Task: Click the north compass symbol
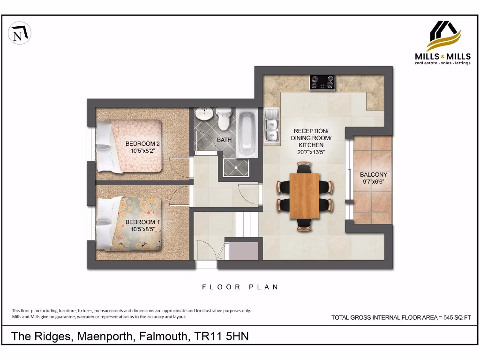click(20, 33)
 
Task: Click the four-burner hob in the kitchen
click(322, 82)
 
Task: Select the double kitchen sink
click(271, 125)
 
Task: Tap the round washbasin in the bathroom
click(204, 114)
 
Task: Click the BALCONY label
click(373, 174)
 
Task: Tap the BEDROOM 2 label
click(142, 144)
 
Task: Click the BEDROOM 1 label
click(142, 222)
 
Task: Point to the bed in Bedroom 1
click(130, 224)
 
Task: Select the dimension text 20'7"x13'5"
click(311, 152)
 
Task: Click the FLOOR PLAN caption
click(240, 287)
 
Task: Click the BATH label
click(224, 140)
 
